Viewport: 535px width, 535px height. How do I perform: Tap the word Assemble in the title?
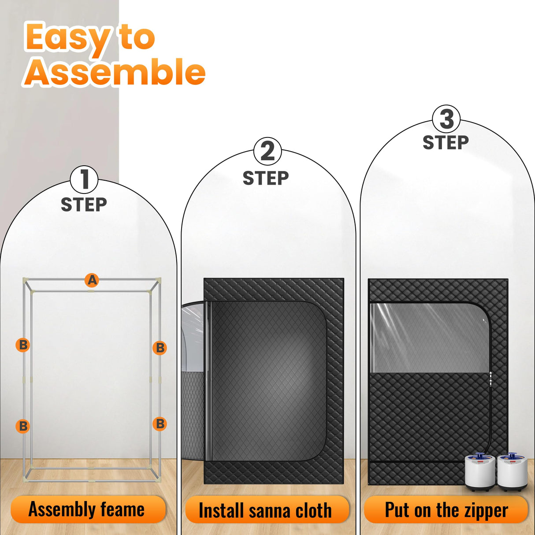click(115, 72)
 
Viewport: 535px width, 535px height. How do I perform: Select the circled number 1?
click(84, 179)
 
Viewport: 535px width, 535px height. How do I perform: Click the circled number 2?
click(267, 151)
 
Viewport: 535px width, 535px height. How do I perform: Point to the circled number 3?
click(446, 119)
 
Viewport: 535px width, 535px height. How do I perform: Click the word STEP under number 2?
click(266, 178)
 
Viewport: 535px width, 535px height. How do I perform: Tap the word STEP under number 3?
click(446, 143)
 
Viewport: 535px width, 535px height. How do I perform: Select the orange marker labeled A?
click(92, 280)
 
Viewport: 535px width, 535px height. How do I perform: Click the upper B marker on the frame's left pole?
click(23, 345)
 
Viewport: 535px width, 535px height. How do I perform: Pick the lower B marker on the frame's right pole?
click(160, 424)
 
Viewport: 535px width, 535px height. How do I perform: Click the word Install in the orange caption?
click(221, 511)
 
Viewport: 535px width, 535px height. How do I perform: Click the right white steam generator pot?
click(512, 472)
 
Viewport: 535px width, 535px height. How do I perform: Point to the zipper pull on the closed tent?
click(490, 379)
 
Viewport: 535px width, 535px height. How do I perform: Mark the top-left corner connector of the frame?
click(26, 281)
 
